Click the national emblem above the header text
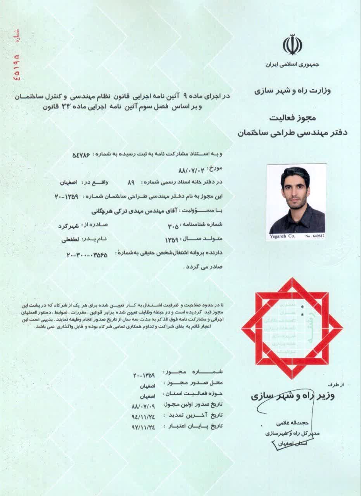pyautogui.click(x=292, y=45)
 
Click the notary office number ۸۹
pyautogui.click(x=131, y=182)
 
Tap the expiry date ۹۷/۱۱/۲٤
pyautogui.click(x=143, y=427)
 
